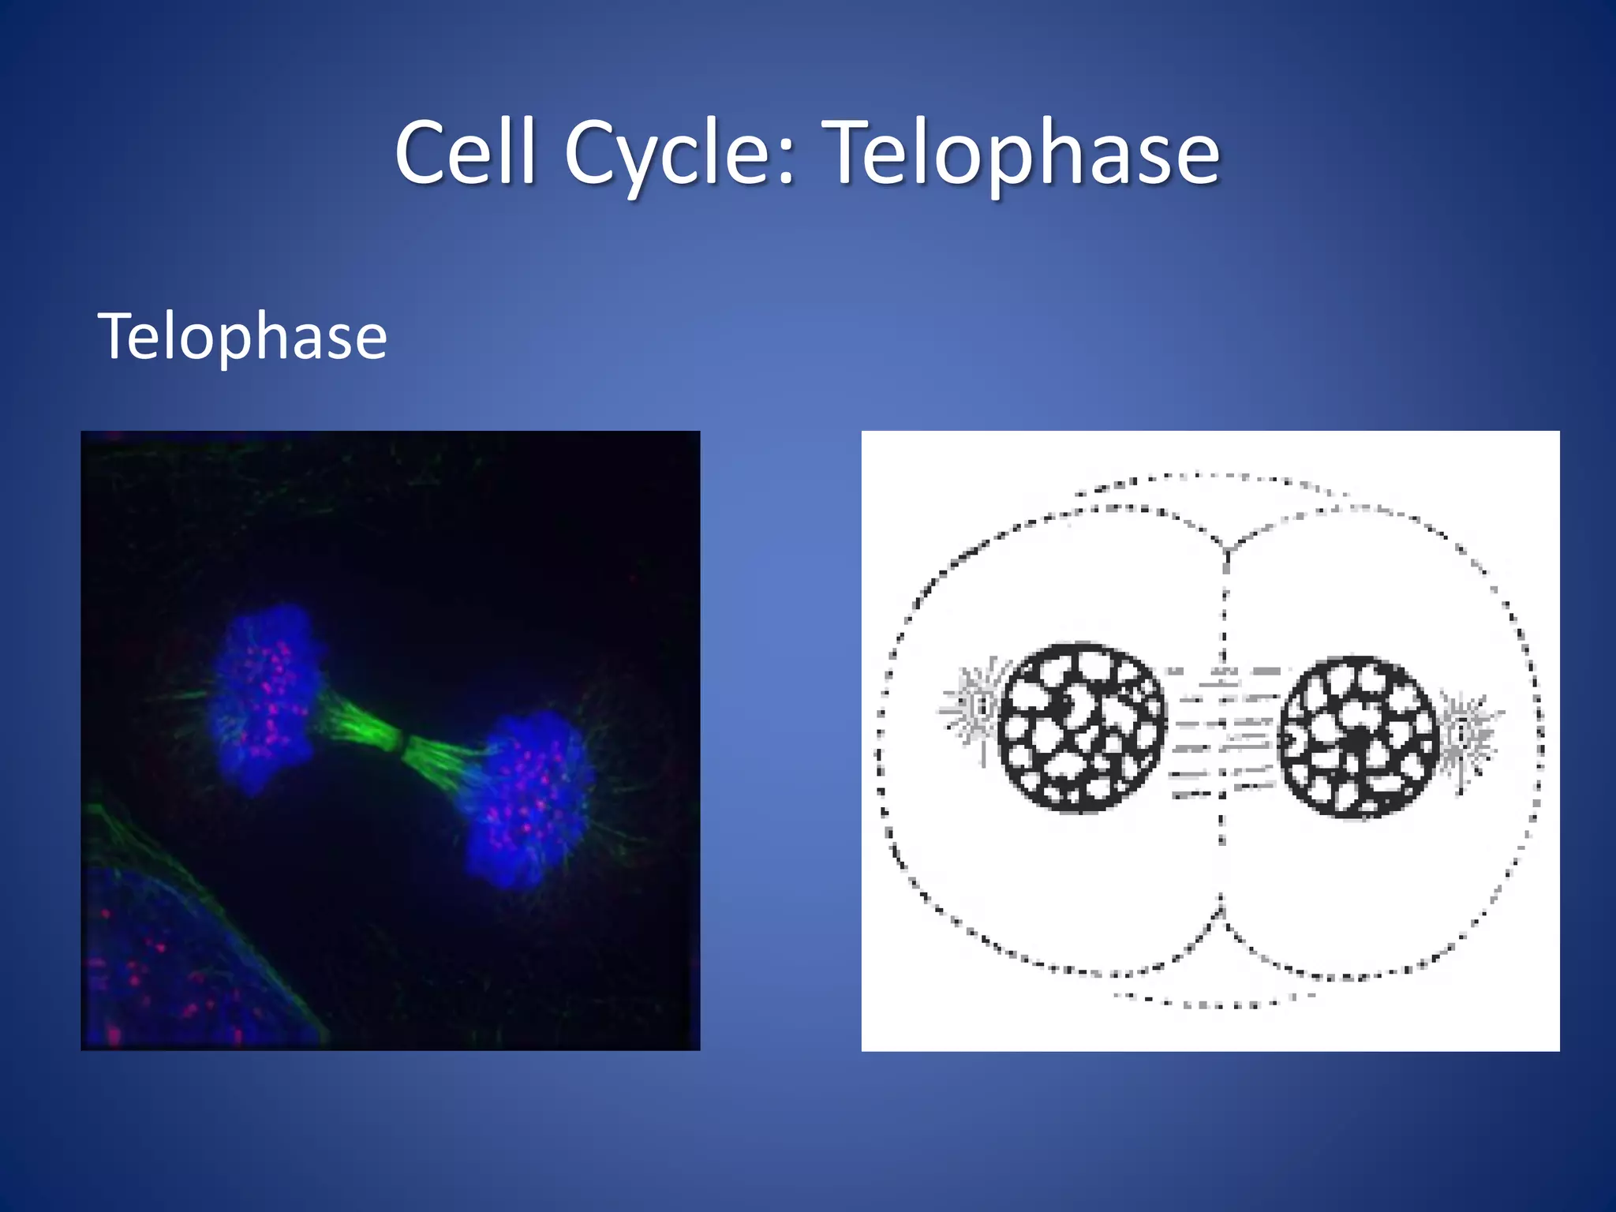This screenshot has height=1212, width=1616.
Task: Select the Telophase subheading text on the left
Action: coord(242,337)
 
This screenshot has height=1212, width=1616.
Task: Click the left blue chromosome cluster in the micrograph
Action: coord(264,698)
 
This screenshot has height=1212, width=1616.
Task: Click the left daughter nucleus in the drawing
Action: coord(1081,728)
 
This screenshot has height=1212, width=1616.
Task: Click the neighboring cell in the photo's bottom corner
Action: coord(158,971)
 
